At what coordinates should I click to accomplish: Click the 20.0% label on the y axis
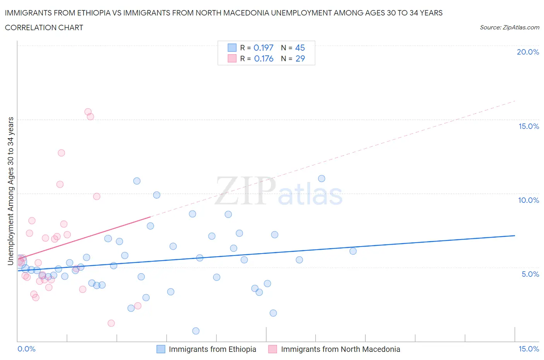coord(528,52)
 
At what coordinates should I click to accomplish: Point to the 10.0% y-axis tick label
coord(528,200)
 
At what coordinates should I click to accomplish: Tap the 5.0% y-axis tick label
coord(530,274)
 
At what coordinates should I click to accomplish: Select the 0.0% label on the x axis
coord(26,349)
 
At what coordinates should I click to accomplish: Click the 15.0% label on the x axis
coord(529,349)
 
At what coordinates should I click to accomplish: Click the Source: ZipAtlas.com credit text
coord(509,27)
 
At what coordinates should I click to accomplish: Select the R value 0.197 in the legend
coord(263,48)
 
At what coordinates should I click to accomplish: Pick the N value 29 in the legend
coord(300,58)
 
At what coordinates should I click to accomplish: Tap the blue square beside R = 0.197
coord(232,48)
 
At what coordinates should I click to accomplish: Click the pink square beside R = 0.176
coord(232,58)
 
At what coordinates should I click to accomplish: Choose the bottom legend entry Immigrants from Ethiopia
coord(212,349)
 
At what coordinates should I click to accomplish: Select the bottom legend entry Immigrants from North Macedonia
coord(340,349)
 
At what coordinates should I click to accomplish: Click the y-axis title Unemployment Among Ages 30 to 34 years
coord(11,191)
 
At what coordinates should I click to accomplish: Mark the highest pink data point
coord(88,112)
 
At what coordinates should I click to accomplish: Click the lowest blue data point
coord(196,331)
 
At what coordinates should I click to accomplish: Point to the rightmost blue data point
coord(353,251)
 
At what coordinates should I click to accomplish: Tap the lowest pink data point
coord(111,323)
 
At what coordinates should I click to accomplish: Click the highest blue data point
coord(322,178)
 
